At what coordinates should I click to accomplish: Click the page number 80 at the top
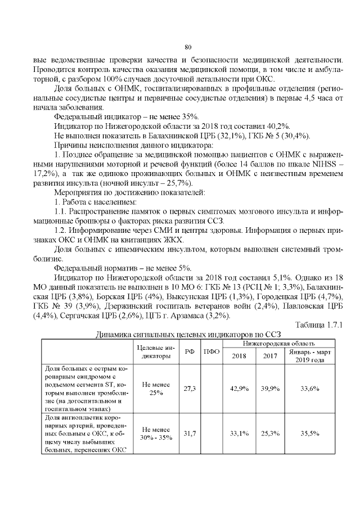click(188, 46)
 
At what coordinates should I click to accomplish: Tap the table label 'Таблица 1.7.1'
click(319, 326)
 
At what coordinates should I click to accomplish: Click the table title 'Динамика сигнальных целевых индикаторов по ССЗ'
click(188, 335)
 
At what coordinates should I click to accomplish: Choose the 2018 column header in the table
click(239, 355)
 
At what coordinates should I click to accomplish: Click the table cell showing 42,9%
click(240, 389)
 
